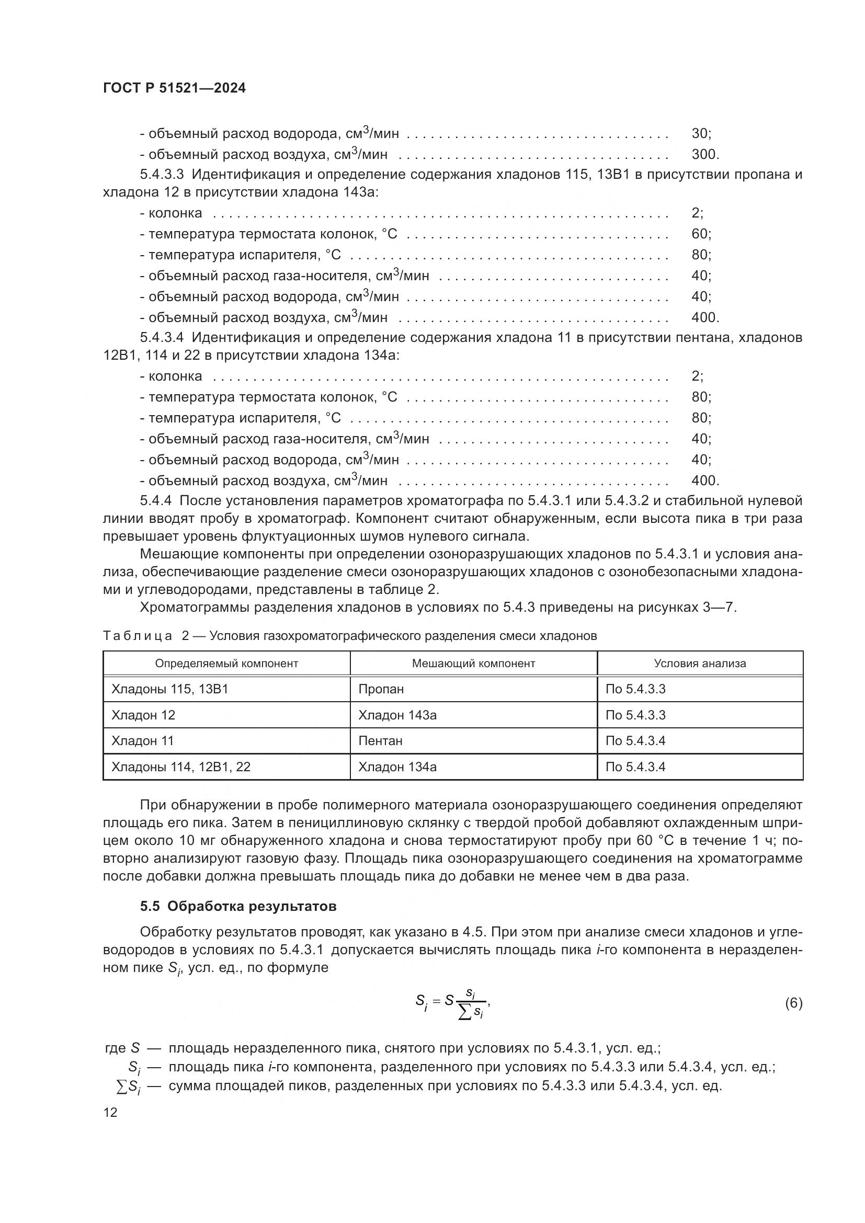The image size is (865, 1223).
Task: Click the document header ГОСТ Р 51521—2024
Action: pyautogui.click(x=174, y=88)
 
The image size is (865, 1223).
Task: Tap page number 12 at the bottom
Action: pyautogui.click(x=110, y=1112)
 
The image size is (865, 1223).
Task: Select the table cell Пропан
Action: pyautogui.click(x=381, y=689)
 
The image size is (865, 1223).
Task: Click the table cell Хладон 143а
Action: pyautogui.click(x=397, y=715)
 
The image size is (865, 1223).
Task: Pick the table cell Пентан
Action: pyautogui.click(x=380, y=741)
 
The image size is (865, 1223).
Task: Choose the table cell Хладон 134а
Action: pyautogui.click(x=397, y=767)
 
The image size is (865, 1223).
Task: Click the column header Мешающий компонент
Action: pyautogui.click(x=473, y=664)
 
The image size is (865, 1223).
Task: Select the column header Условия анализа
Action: pyautogui.click(x=700, y=664)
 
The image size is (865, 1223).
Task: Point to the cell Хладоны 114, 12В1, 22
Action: pyautogui.click(x=180, y=767)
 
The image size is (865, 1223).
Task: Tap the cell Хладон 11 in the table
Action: pyautogui.click(x=142, y=741)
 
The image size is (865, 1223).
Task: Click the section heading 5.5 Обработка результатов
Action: pyautogui.click(x=238, y=906)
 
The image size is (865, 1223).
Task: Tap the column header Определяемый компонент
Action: pyautogui.click(x=226, y=664)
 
